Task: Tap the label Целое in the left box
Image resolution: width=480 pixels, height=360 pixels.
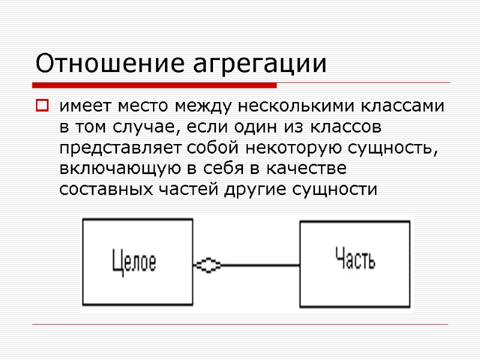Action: coord(134,263)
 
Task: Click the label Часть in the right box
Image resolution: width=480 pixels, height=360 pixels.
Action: coord(355,262)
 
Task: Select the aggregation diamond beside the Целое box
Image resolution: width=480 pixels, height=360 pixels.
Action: coord(208,265)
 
